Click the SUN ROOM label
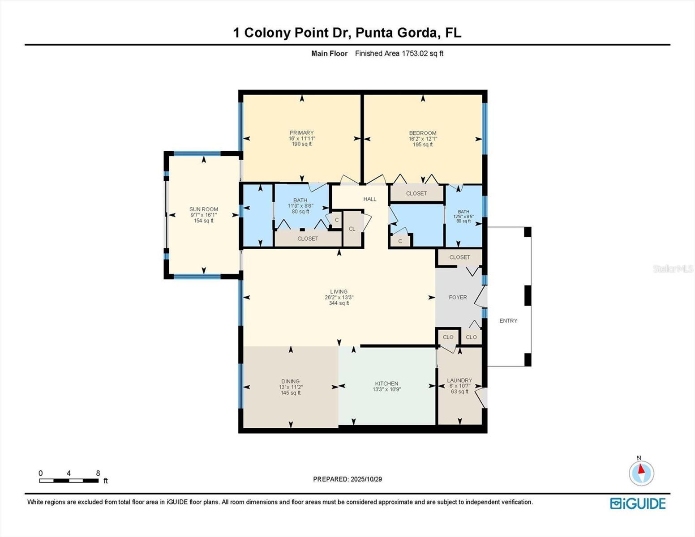[x=204, y=209]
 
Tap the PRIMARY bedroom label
[x=301, y=133]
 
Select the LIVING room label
[x=339, y=292]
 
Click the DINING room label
[x=290, y=382]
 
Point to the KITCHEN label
[x=386, y=384]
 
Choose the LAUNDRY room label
[x=459, y=380]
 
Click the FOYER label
[x=458, y=297]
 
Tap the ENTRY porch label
[x=508, y=321]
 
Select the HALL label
[x=370, y=199]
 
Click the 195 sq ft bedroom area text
[x=423, y=145]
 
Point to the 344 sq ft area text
[x=339, y=303]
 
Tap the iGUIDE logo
[x=638, y=503]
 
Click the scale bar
[x=69, y=481]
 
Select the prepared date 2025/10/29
[x=366, y=479]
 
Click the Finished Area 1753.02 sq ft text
[x=399, y=54]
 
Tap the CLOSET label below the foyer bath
[x=460, y=257]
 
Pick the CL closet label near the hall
[x=352, y=229]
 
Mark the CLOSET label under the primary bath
[x=308, y=239]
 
